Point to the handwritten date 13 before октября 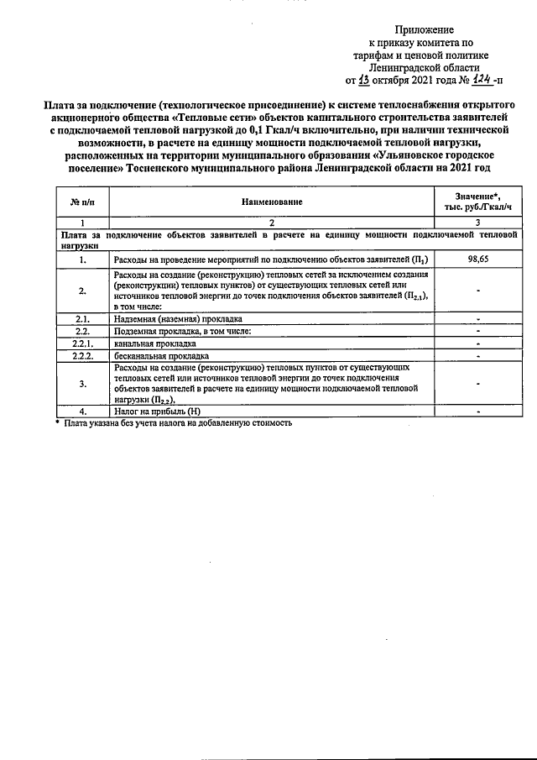pyautogui.click(x=363, y=81)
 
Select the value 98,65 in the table pyautogui.click(x=477, y=260)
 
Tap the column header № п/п pyautogui.click(x=81, y=202)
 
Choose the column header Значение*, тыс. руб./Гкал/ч pyautogui.click(x=477, y=202)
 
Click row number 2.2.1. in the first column pyautogui.click(x=81, y=343)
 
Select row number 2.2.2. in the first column pyautogui.click(x=81, y=355)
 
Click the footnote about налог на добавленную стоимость pyautogui.click(x=176, y=424)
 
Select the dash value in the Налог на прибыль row pyautogui.click(x=477, y=412)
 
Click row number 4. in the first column pyautogui.click(x=81, y=412)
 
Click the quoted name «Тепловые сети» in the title pyautogui.click(x=216, y=118)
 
